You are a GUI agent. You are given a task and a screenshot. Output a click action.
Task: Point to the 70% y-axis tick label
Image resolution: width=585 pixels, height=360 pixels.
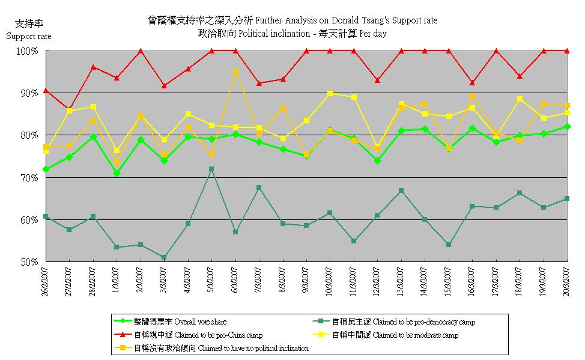[x=31, y=178]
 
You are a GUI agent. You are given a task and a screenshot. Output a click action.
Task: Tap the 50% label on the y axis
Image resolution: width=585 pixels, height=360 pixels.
[x=31, y=262]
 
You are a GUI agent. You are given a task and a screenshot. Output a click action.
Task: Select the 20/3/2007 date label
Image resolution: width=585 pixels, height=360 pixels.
[x=565, y=282]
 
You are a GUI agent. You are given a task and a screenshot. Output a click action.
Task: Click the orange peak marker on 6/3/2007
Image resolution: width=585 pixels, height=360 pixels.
[x=235, y=72]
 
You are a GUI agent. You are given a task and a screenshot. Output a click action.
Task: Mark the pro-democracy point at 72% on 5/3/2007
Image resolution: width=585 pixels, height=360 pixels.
[x=211, y=169]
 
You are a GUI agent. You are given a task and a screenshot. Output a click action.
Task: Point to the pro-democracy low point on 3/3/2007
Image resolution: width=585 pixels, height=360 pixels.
[x=164, y=257]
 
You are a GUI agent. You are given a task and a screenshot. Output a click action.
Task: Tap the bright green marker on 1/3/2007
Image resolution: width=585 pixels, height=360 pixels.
[x=117, y=173]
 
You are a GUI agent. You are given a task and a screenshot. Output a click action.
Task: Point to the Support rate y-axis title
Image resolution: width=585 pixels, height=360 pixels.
[x=29, y=36]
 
